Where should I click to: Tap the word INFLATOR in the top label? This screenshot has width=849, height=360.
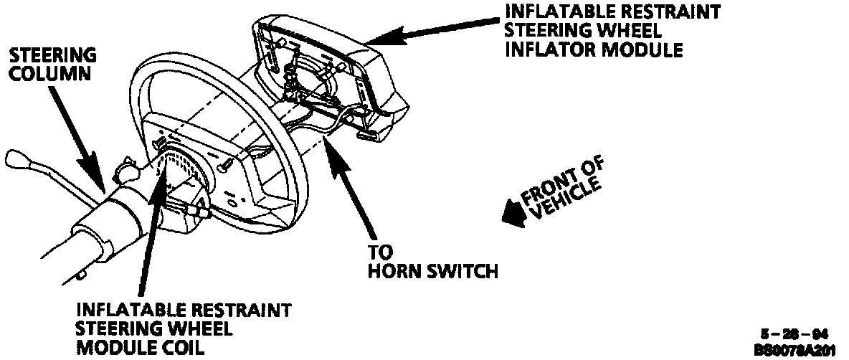coord(549,50)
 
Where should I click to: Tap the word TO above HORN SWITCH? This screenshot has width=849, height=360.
coord(380,253)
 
